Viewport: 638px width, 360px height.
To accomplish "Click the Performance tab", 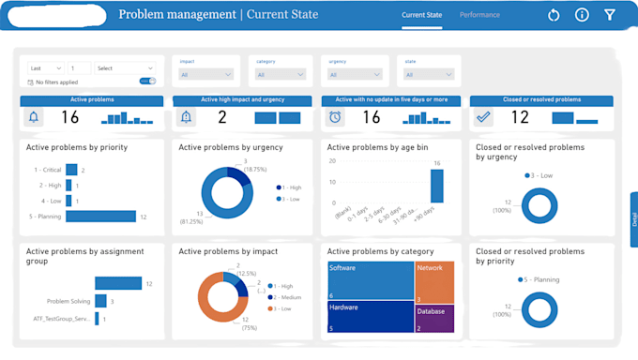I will (479, 15).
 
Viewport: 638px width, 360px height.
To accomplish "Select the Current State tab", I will (422, 15).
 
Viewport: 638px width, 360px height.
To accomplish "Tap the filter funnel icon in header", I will (610, 15).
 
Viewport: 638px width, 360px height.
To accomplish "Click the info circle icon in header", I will (582, 15).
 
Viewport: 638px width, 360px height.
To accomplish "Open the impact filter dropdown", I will (206, 74).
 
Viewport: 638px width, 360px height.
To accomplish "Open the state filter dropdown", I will (428, 74).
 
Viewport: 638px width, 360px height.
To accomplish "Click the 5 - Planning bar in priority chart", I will (101, 217).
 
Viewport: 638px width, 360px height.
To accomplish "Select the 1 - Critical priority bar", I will (72, 171).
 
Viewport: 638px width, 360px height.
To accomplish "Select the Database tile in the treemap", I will (434, 318).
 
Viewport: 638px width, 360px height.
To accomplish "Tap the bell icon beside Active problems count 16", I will (35, 117).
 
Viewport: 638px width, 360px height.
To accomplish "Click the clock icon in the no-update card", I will (335, 117).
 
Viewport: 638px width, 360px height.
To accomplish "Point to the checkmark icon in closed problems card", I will (483, 117).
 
